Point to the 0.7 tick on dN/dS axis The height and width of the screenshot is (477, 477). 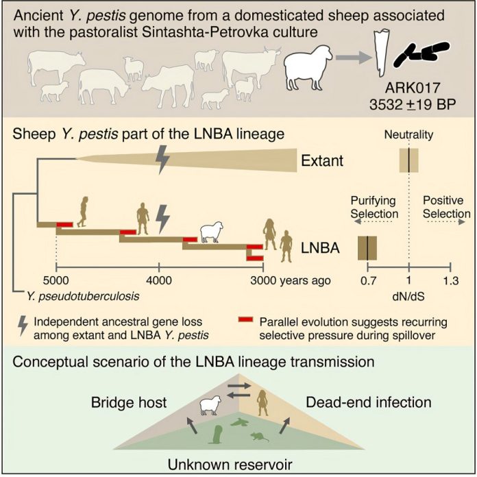coord(368,280)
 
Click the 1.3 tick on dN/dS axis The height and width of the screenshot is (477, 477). coord(450,280)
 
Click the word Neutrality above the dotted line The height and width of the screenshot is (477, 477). coord(408,135)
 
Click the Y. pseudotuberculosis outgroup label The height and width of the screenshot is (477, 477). coord(62,295)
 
